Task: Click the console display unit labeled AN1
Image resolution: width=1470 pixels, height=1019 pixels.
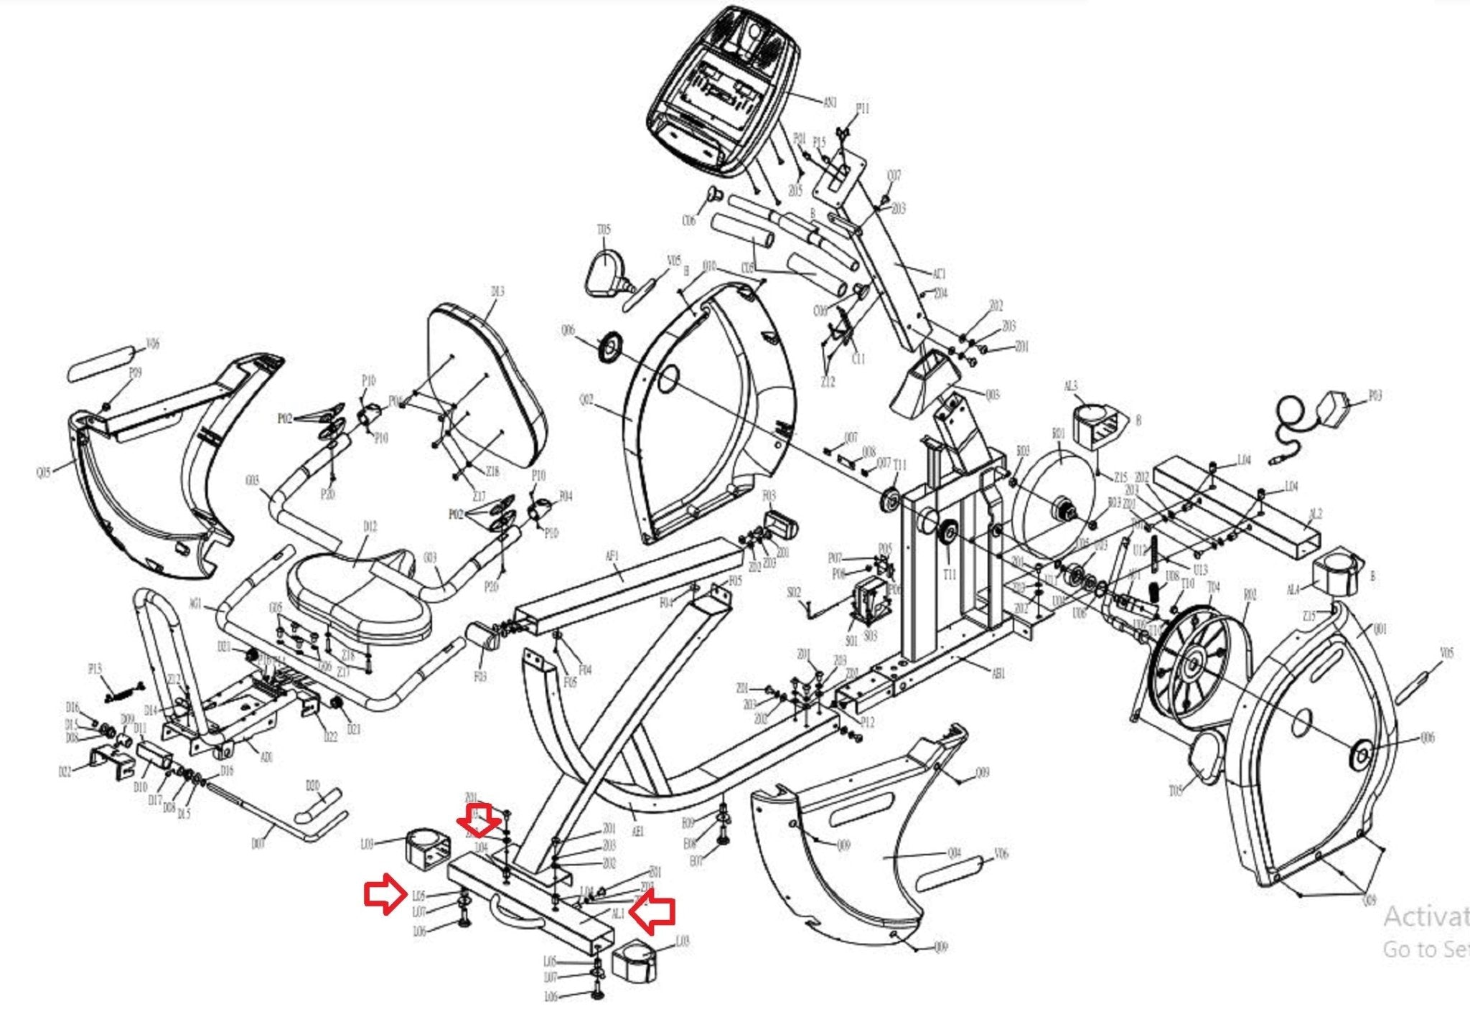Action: click(x=721, y=90)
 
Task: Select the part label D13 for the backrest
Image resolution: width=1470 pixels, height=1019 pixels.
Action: click(x=497, y=291)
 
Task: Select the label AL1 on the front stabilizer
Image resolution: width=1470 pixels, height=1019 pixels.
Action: click(x=618, y=914)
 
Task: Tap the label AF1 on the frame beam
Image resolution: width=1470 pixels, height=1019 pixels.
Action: click(x=612, y=556)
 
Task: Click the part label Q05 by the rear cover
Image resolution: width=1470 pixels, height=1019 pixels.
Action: click(x=44, y=473)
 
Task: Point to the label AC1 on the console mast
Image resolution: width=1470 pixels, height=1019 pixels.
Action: click(x=939, y=273)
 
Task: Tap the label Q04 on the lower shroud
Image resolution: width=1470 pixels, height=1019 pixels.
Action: click(x=954, y=853)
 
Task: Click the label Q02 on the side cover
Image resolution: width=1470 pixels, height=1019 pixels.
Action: click(x=586, y=400)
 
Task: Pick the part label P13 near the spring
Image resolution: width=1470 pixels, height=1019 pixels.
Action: click(x=95, y=669)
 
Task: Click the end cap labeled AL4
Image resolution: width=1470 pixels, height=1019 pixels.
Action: click(x=1334, y=574)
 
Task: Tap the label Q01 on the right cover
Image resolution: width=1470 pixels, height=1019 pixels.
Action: click(x=1380, y=629)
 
